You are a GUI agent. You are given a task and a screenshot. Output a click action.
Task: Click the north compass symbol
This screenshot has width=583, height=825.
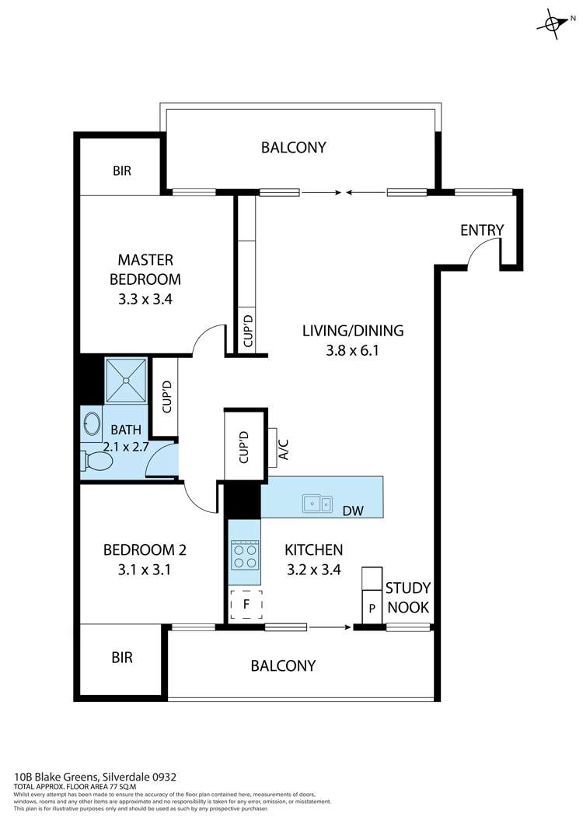pyautogui.click(x=553, y=23)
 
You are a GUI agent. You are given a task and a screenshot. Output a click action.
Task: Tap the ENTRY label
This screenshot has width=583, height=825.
pyautogui.click(x=481, y=230)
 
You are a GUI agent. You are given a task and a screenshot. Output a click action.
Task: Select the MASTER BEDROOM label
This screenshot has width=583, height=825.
pyautogui.click(x=145, y=269)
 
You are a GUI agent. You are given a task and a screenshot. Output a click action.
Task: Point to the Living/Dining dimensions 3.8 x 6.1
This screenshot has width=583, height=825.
pyautogui.click(x=352, y=350)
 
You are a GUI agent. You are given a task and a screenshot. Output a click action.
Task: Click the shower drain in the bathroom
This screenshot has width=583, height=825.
pyautogui.click(x=126, y=380)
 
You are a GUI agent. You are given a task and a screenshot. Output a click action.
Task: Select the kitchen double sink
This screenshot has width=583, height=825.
pyautogui.click(x=317, y=504)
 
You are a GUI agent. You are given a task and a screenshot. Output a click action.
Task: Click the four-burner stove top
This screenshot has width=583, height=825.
pyautogui.click(x=245, y=556)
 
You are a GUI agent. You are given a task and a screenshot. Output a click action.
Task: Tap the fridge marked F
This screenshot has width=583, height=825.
pyautogui.click(x=246, y=604)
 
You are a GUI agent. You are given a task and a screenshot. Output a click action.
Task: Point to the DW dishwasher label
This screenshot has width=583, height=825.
pyautogui.click(x=353, y=511)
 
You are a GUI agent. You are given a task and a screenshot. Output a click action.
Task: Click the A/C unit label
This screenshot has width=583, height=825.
pyautogui.click(x=284, y=450)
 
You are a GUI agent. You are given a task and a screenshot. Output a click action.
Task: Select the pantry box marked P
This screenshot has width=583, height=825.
pyautogui.click(x=372, y=608)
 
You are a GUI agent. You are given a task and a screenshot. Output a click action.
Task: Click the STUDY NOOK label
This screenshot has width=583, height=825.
pyautogui.click(x=408, y=597)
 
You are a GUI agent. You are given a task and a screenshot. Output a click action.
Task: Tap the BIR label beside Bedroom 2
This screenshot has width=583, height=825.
pyautogui.click(x=122, y=657)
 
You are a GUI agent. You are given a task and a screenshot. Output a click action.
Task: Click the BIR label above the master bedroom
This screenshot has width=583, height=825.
pyautogui.click(x=122, y=170)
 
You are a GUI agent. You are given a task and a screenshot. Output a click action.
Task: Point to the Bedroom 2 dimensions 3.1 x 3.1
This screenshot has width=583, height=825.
pyautogui.click(x=145, y=569)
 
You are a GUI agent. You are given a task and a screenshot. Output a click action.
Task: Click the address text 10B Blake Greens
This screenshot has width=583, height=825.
pyautogui.click(x=56, y=777)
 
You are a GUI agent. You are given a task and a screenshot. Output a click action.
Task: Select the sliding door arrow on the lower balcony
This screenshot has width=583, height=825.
pyautogui.click(x=330, y=627)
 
